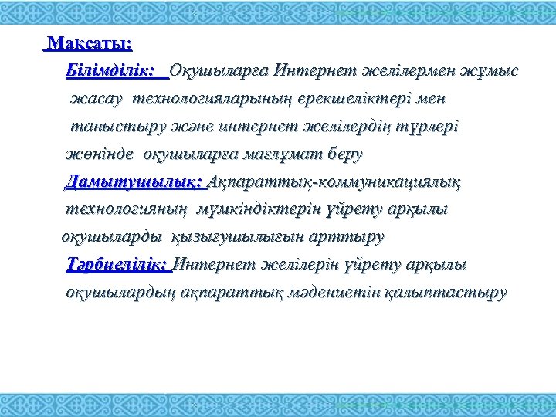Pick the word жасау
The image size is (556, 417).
pos(97,100)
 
